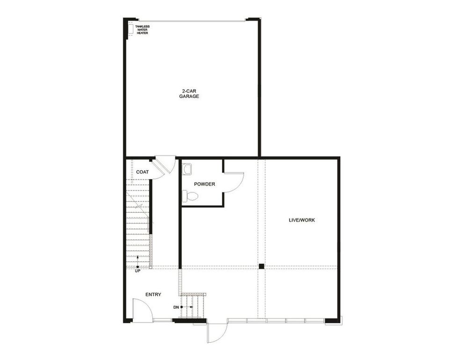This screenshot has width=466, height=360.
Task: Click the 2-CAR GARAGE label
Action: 189,94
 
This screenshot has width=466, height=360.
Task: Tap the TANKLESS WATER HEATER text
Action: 142,29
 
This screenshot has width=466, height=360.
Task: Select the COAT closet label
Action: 142,172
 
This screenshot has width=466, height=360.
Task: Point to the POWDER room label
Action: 204,184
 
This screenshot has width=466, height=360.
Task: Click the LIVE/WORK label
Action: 302,220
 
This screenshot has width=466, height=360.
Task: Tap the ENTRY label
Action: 153,295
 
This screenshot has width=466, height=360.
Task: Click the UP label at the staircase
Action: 138,271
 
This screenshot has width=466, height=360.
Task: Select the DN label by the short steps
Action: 176,307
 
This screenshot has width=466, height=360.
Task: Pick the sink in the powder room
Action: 187,168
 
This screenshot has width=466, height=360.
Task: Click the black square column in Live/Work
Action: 262,266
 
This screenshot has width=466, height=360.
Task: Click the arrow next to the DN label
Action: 185,307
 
